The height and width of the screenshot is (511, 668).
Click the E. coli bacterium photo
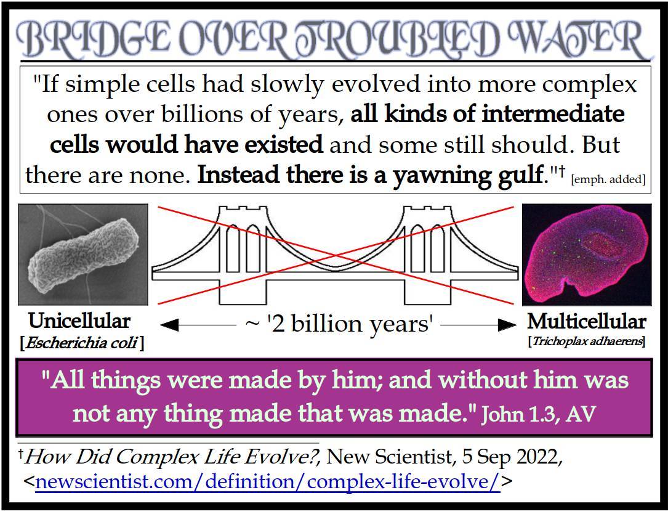83,254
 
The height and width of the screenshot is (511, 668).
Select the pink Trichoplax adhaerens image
587,255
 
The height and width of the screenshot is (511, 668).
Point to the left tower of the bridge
243,255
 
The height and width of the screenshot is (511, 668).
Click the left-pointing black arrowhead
169,325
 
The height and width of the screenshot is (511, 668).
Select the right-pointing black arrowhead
507,325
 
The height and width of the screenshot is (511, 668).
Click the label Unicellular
79,321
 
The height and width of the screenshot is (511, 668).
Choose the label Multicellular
587,322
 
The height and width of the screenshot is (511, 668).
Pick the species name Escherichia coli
82,343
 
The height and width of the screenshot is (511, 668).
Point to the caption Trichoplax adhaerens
587,341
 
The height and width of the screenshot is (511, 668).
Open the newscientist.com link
268,481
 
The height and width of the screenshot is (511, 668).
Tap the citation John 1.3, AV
538,414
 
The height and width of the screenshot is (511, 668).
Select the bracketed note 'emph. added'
608,179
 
